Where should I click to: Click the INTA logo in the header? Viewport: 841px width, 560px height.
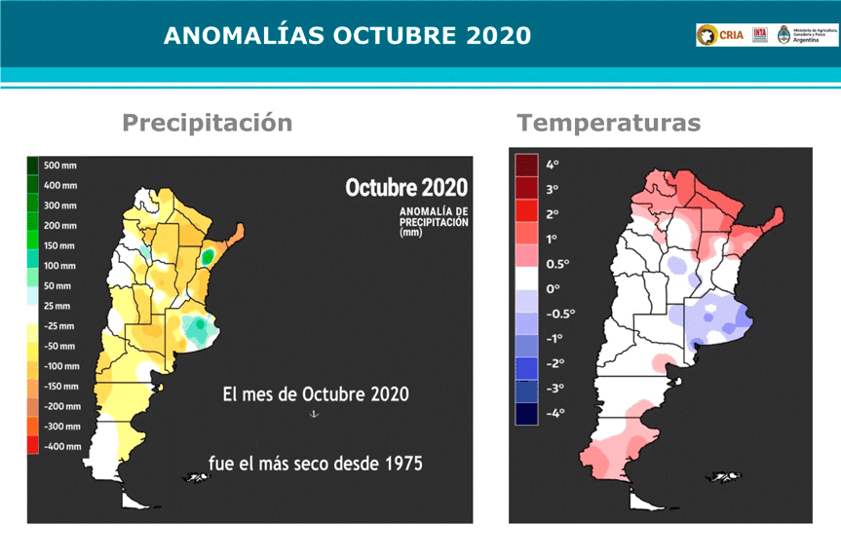(760, 35)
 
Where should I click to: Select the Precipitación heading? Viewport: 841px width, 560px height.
(207, 123)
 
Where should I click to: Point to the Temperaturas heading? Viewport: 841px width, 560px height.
(609, 123)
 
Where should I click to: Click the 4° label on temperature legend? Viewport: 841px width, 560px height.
(552, 164)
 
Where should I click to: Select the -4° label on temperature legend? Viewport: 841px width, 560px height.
(553, 414)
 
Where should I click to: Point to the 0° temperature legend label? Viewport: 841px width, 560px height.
(552, 289)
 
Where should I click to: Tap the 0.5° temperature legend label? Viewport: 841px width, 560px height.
(556, 264)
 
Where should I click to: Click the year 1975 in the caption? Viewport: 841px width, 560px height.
(401, 463)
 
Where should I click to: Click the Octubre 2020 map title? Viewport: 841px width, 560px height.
(406, 187)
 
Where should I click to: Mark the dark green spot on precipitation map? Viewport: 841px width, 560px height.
(208, 257)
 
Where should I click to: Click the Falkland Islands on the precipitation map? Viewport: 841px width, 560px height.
(196, 476)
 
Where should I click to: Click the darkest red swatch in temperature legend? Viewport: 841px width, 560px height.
(526, 164)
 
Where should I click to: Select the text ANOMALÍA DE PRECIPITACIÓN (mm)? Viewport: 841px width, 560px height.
(433, 221)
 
